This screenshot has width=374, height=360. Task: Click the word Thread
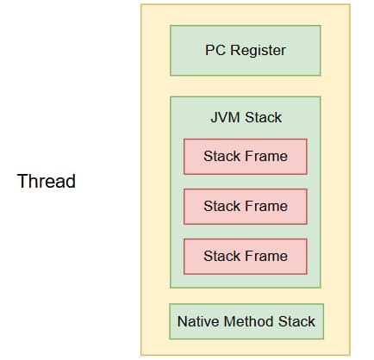click(47, 181)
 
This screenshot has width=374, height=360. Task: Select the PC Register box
click(246, 51)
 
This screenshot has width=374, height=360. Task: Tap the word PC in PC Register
click(215, 50)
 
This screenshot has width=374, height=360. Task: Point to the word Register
click(258, 51)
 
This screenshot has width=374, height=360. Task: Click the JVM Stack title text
click(246, 117)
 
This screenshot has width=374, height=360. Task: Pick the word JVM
click(226, 117)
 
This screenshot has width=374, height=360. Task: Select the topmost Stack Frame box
click(246, 157)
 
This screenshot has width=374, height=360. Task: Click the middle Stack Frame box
click(246, 207)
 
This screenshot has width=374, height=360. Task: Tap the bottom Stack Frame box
click(246, 257)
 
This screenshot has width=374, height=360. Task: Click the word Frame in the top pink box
click(266, 156)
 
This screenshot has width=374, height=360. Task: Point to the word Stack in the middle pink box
click(222, 206)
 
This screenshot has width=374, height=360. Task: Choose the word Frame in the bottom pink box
click(266, 256)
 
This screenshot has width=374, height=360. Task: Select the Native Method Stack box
click(246, 321)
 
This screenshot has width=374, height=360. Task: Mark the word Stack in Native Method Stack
click(296, 321)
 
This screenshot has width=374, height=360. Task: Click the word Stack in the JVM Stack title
click(264, 117)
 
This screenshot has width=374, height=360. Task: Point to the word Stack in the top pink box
click(222, 156)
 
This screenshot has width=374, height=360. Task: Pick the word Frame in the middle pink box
click(266, 206)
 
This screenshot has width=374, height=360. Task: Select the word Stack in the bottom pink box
click(222, 256)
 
